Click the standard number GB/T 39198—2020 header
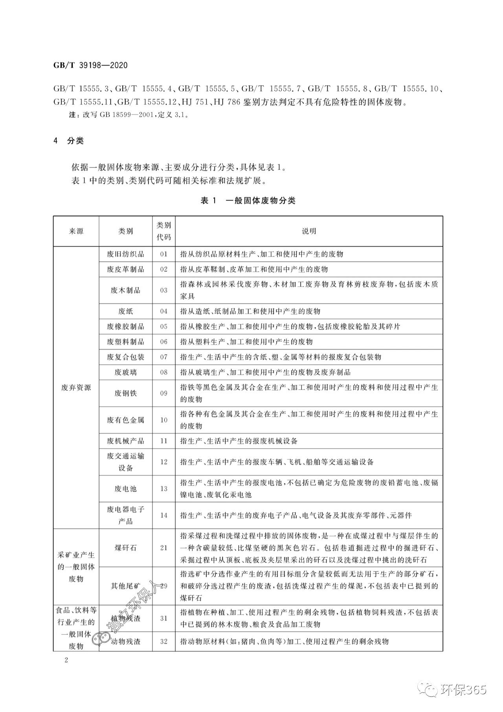click(x=90, y=65)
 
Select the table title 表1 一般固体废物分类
click(x=248, y=201)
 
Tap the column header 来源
click(x=76, y=231)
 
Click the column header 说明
click(x=309, y=231)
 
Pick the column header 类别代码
click(x=164, y=231)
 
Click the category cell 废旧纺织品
click(x=125, y=254)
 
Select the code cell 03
click(x=164, y=290)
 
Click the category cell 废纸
click(x=125, y=311)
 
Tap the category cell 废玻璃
click(x=125, y=372)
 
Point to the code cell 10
click(x=164, y=420)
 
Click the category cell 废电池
click(x=125, y=489)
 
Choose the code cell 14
click(x=164, y=515)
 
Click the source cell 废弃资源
click(x=76, y=388)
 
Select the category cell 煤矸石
click(x=125, y=548)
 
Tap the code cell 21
click(x=164, y=548)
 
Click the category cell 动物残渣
click(x=126, y=641)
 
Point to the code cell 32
click(x=164, y=641)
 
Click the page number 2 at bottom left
click(x=66, y=660)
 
